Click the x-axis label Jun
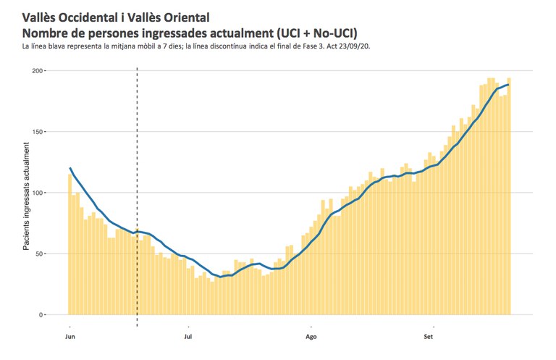click(x=70, y=337)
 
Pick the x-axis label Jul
click(x=188, y=337)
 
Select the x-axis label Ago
click(x=311, y=337)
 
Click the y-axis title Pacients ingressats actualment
click(x=27, y=196)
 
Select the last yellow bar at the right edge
click(x=509, y=196)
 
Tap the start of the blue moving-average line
click(x=69, y=168)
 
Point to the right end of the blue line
click(x=509, y=85)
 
